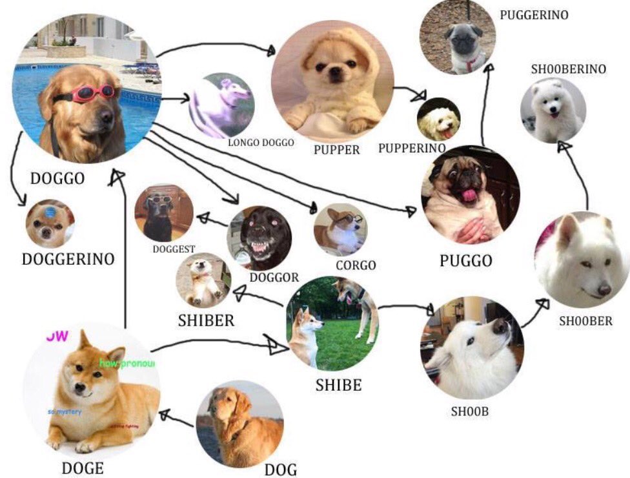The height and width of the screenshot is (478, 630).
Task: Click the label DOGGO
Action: point(57,178)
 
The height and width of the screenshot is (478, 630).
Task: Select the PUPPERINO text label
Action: point(412,148)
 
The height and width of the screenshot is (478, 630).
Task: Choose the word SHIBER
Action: point(206,320)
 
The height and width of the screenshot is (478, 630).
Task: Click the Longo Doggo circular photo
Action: point(221,105)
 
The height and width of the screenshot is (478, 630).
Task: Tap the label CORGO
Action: point(355,265)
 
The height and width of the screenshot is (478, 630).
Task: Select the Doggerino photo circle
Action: point(50,223)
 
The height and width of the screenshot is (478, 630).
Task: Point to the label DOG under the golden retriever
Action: point(281,469)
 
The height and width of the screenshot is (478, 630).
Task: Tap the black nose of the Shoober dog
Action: point(604,291)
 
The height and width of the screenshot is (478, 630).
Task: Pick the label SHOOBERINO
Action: point(569,69)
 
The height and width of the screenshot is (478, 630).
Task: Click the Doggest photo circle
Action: point(163,213)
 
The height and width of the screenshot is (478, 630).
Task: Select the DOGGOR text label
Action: point(274,277)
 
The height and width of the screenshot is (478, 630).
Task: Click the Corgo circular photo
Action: point(340,229)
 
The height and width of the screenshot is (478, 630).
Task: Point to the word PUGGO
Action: point(465,260)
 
